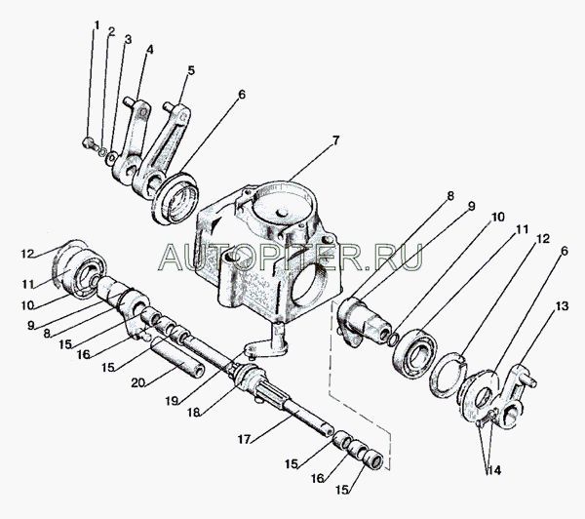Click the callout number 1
coord(97,25)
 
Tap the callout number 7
coord(335,140)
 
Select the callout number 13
coord(562,306)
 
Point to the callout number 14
coord(493,470)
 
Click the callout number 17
coord(244,439)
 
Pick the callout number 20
coord(137,383)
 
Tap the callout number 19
coord(172,401)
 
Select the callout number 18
coord(194,413)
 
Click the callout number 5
coord(191,70)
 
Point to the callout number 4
coord(149,50)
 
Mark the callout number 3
coord(128,39)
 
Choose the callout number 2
coord(111,31)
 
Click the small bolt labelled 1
coord(88,142)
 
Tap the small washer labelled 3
coord(111,158)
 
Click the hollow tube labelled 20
coord(177,356)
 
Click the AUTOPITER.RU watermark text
coord(291,257)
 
